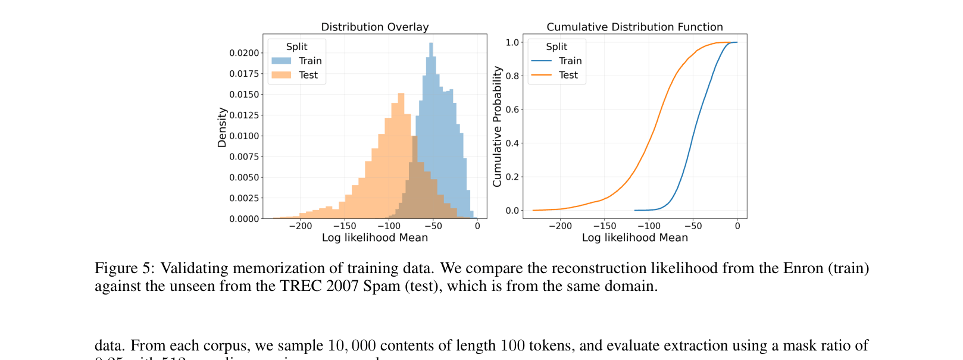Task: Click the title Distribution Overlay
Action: (374, 27)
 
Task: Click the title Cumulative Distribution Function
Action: (634, 27)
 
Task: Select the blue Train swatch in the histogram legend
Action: (282, 61)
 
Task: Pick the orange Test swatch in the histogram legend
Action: (282, 75)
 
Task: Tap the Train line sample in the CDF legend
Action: (542, 61)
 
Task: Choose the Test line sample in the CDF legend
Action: (542, 75)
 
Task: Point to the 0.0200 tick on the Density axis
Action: (245, 53)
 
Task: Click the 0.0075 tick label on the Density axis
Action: (245, 156)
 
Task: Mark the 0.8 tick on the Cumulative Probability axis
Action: (512, 76)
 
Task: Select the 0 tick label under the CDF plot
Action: (737, 226)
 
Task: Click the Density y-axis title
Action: (222, 127)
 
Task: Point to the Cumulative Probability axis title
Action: (498, 126)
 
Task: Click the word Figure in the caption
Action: (116, 268)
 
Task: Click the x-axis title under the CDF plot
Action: (634, 238)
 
